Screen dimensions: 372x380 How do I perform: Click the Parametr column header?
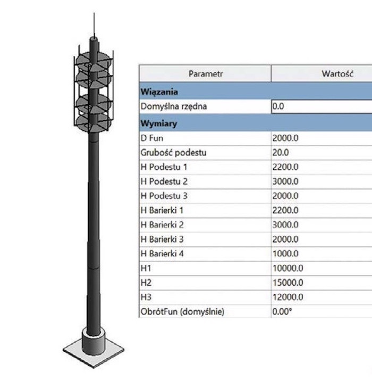[x=205, y=73]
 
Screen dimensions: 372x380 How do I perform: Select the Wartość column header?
[x=337, y=73]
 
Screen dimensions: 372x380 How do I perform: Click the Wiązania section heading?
[x=159, y=92]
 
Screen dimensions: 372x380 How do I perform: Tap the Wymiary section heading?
[x=159, y=123]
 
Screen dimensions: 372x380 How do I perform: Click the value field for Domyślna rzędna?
[x=322, y=106]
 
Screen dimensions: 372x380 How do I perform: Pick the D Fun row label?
[x=152, y=138]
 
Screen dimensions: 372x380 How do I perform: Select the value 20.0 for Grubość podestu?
[x=281, y=153]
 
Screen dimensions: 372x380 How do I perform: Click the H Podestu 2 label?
[x=164, y=181]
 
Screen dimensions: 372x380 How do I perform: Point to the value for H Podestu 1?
[x=285, y=167]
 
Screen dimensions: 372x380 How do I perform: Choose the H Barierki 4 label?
[x=162, y=254]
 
